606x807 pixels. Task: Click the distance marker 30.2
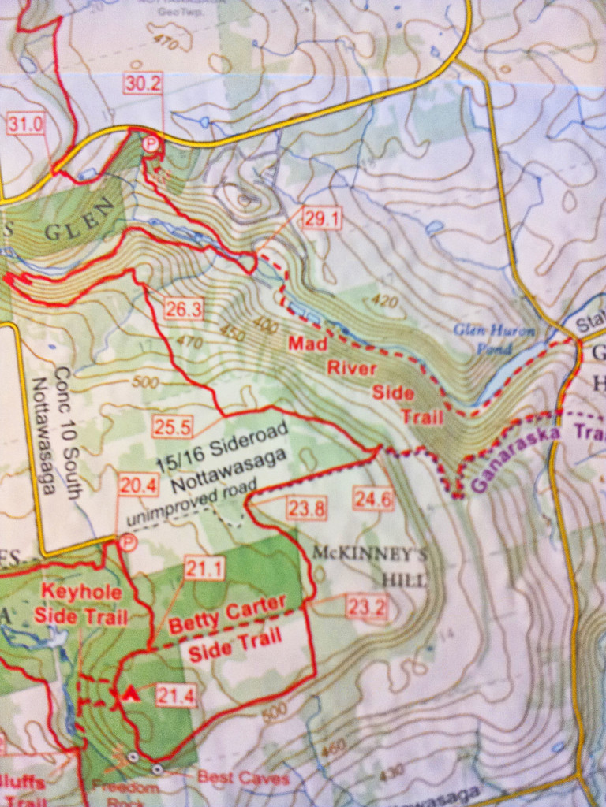pos(142,83)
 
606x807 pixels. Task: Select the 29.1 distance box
pos(322,219)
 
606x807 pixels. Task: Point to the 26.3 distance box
pos(183,310)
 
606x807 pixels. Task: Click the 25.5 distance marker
pos(172,427)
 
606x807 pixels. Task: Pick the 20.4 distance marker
pos(136,485)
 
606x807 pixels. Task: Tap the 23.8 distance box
pos(306,509)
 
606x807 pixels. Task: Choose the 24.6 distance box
pos(372,498)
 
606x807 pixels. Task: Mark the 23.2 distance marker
pos(367,608)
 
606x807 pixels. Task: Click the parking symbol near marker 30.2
pos(150,144)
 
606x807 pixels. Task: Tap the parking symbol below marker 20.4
pos(125,542)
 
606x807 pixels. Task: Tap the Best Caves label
pos(242,777)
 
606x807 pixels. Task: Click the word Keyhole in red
pos(71,593)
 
